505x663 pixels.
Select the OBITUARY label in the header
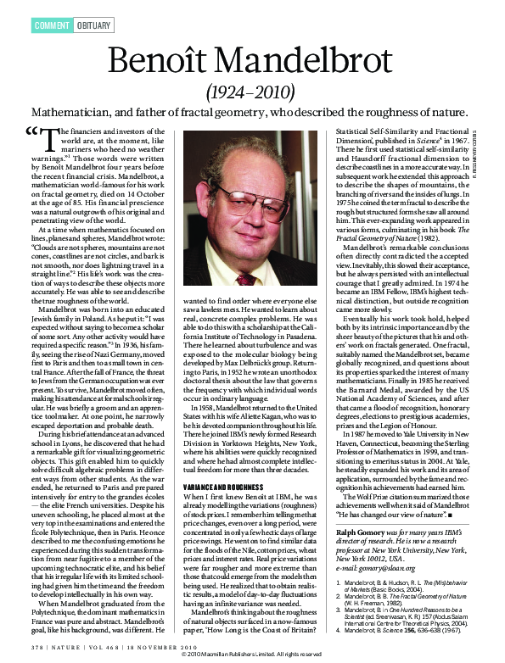95,26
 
